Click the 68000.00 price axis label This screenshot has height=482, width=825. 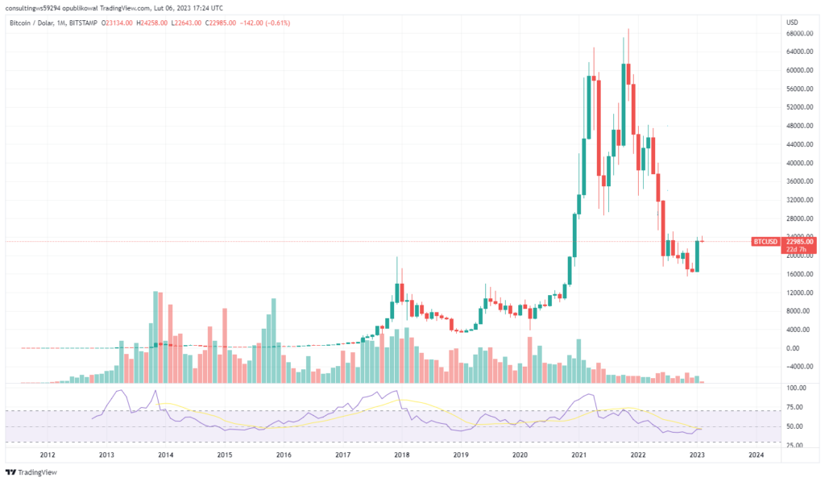798,33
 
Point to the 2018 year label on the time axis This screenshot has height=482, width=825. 401,455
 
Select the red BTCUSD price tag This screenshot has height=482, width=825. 765,241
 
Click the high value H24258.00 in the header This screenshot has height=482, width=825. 150,23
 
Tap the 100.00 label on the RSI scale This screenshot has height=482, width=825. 795,388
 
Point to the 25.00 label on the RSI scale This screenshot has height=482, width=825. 795,443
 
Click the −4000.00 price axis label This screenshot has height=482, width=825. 797,367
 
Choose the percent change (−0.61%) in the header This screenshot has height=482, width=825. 278,23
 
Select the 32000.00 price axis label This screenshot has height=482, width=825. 798,200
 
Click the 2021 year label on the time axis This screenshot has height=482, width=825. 578,455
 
